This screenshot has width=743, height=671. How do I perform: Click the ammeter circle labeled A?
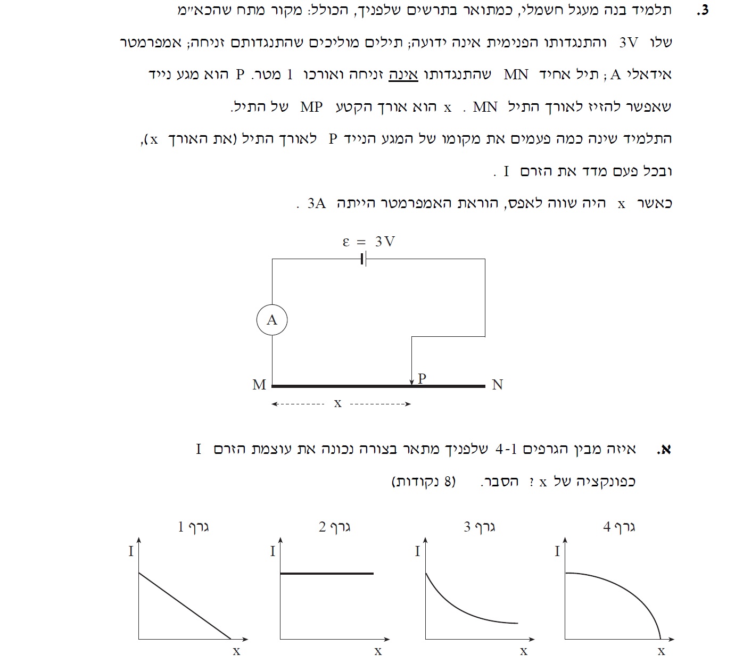(272, 320)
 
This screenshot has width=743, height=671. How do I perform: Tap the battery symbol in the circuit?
(363, 259)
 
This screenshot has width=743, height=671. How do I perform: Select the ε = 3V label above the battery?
(368, 242)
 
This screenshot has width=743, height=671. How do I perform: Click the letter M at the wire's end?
(259, 385)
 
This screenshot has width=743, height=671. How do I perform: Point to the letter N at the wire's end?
(497, 385)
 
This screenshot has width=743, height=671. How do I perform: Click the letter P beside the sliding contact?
(422, 378)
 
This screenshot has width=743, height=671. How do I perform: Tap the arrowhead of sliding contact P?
(412, 382)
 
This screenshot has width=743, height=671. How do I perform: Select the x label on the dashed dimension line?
(337, 404)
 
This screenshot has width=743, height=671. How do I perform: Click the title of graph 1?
(193, 527)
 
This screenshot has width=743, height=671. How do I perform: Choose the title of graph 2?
(335, 527)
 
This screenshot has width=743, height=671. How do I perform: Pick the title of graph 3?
(480, 527)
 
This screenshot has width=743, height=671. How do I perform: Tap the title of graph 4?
(619, 527)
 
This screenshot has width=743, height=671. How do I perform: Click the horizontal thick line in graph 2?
(327, 573)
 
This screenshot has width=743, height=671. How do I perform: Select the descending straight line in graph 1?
(184, 606)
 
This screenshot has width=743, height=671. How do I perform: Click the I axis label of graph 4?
(557, 551)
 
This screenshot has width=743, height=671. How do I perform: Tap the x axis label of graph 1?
(236, 651)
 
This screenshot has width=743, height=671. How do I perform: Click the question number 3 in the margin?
(704, 10)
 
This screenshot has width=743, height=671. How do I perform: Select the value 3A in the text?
(317, 203)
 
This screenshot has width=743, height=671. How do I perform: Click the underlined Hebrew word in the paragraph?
(403, 74)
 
